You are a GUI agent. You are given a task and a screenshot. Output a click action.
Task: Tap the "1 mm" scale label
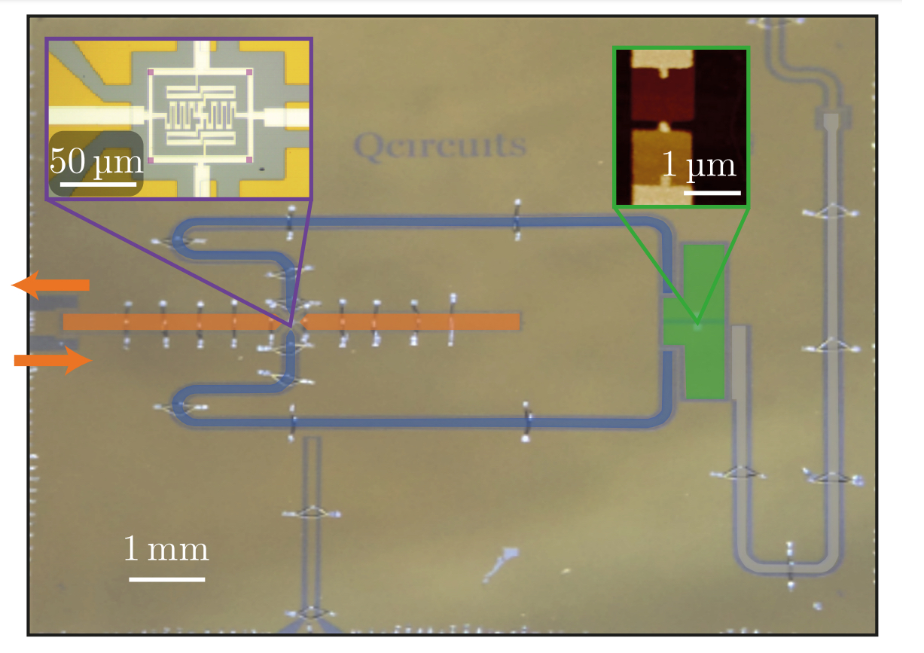pyautogui.click(x=166, y=549)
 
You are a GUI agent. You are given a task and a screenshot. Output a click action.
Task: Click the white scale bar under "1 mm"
pyautogui.click(x=166, y=578)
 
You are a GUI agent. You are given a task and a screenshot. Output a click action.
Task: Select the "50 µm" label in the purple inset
pyautogui.click(x=96, y=160)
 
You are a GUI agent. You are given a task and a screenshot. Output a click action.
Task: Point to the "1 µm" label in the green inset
pyautogui.click(x=698, y=165)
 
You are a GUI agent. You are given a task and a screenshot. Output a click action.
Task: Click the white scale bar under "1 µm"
pyautogui.click(x=712, y=192)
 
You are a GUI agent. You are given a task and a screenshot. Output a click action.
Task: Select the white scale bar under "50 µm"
pyautogui.click(x=99, y=183)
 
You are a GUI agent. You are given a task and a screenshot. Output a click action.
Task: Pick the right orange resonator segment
pyautogui.click(x=410, y=322)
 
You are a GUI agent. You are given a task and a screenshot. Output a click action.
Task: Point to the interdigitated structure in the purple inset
pyautogui.click(x=200, y=114)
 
